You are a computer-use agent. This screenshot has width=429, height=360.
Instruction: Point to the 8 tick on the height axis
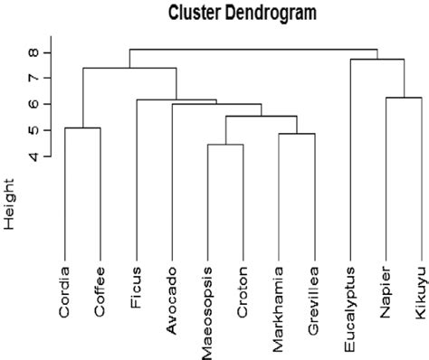coord(33,52)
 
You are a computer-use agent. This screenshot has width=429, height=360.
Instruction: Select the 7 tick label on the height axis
coord(33,79)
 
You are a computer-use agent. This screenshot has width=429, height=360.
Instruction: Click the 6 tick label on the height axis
coord(33,105)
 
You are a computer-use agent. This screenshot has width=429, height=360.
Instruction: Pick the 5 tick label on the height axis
coord(33,131)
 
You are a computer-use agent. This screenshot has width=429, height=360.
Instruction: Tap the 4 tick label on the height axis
coord(33,156)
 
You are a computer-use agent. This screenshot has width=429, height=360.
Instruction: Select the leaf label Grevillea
coord(314,292)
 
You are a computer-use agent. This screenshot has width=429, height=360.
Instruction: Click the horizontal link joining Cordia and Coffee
coord(82,128)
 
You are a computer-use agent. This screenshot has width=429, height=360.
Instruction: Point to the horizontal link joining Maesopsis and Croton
coord(225,145)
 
